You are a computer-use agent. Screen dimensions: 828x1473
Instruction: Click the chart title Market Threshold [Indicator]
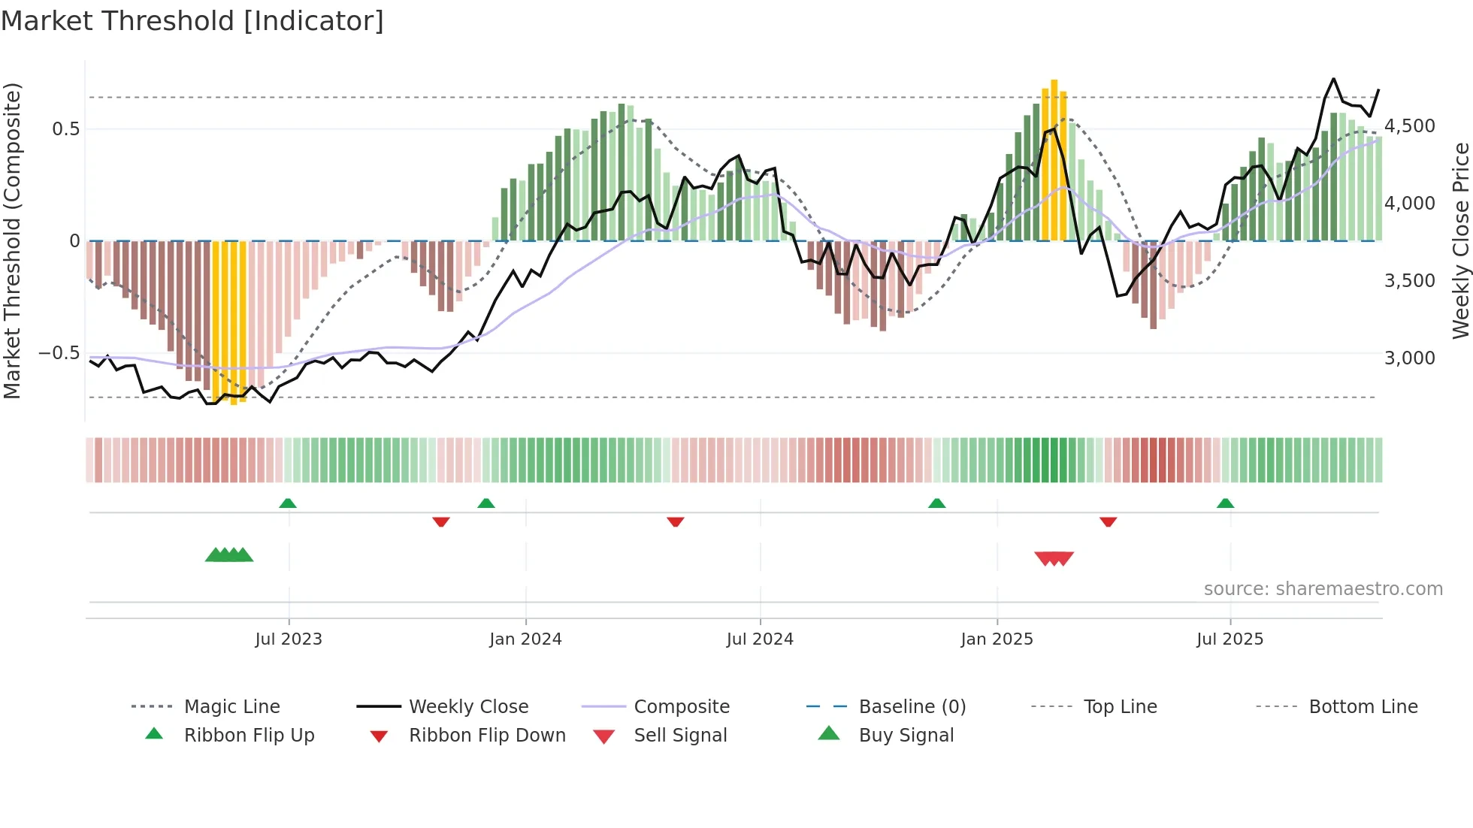[192, 21]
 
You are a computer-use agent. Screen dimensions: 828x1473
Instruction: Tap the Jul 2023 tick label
[289, 639]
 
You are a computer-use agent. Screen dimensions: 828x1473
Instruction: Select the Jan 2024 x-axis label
[525, 639]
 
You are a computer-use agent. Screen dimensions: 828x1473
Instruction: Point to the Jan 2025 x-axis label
[997, 639]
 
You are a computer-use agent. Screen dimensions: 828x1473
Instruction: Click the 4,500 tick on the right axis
[1410, 126]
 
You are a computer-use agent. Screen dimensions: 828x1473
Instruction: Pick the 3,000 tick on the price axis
[1410, 358]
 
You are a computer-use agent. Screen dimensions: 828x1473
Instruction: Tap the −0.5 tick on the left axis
[59, 353]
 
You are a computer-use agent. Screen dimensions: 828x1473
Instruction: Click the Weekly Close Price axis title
[1460, 240]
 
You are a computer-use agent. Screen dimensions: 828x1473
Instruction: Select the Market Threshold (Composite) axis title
[12, 240]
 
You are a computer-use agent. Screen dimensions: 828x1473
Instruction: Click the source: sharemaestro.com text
[1323, 589]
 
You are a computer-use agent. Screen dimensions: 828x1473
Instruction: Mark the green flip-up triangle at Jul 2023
[288, 503]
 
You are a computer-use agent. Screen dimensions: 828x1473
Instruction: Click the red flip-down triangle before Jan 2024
[441, 521]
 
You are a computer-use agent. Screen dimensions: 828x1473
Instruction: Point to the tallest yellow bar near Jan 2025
[1054, 159]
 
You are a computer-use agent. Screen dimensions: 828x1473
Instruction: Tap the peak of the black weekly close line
[1333, 79]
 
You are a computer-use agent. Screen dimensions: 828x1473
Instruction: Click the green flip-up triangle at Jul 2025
[1225, 503]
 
